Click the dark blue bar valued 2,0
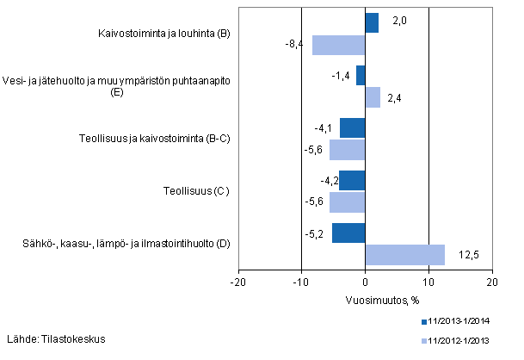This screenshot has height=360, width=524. click(372, 23)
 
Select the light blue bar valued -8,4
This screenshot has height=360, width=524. click(338, 46)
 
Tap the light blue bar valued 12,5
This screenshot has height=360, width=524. click(404, 255)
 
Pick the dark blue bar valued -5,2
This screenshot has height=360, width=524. click(348, 233)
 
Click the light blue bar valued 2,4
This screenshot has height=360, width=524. click(373, 97)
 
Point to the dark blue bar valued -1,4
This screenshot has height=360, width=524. click(361, 76)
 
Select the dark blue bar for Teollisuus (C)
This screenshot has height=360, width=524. click(352, 181)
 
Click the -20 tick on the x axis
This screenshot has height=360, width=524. click(238, 282)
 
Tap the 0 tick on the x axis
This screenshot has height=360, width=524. click(365, 282)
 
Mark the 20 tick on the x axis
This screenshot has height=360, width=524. click(491, 282)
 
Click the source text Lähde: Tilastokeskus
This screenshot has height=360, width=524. click(56, 338)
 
